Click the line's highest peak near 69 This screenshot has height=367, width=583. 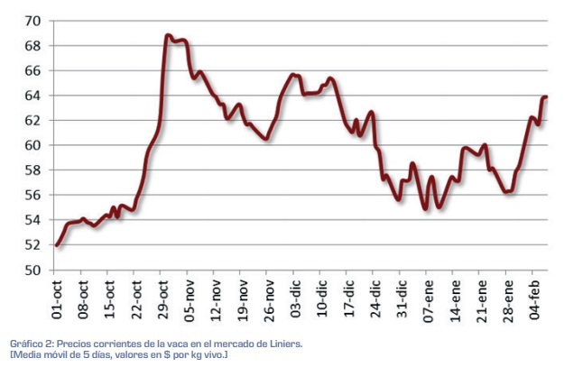[x=169, y=36]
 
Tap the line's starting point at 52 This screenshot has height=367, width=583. [x=57, y=244]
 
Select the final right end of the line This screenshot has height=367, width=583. [x=546, y=96]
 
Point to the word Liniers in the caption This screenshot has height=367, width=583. [x=278, y=344]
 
